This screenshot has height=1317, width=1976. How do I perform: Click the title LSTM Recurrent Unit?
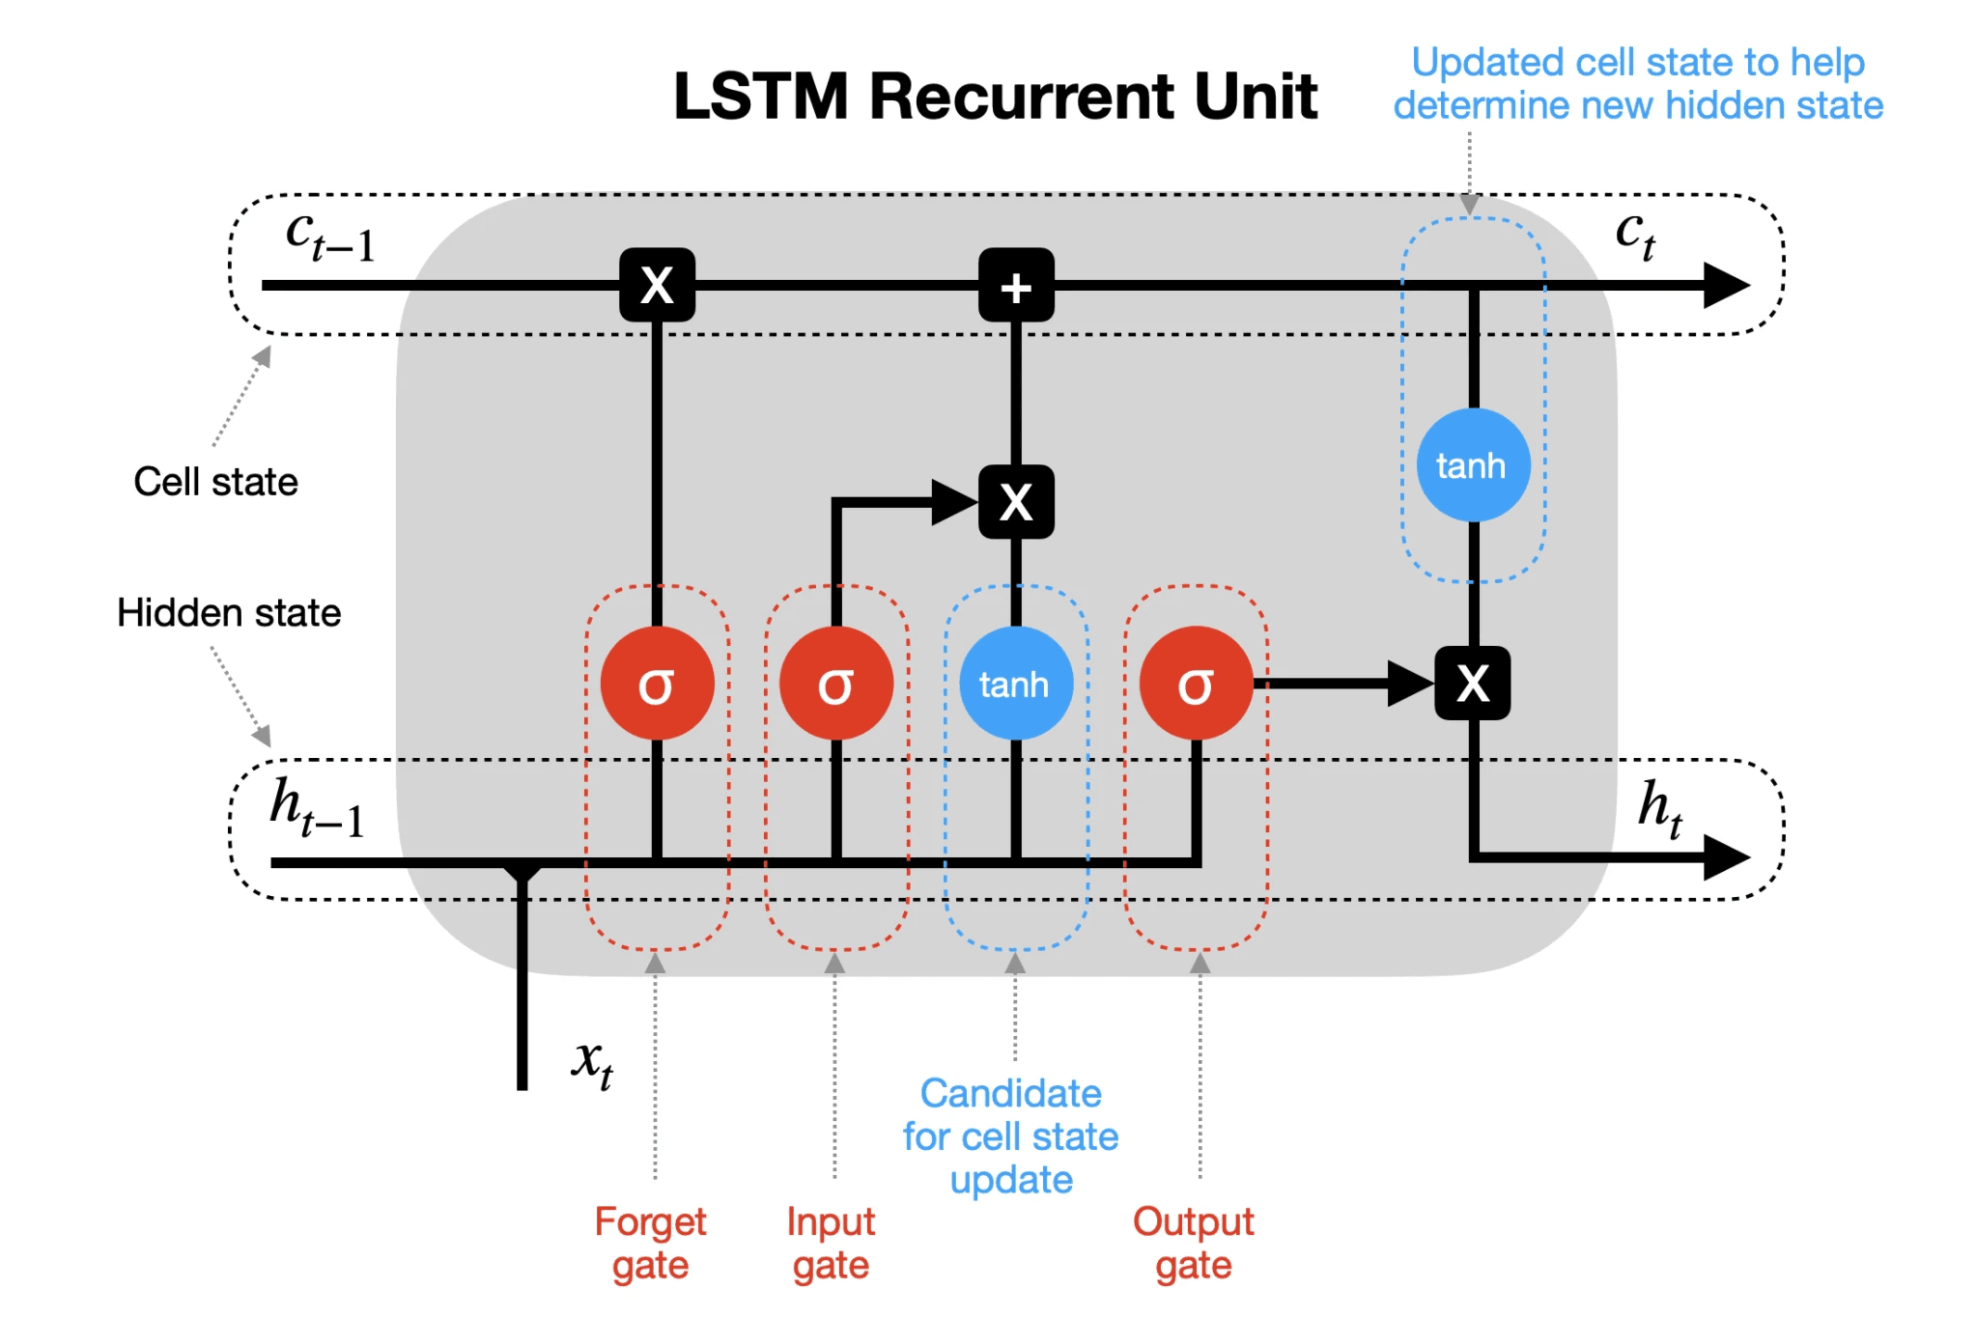pos(995,97)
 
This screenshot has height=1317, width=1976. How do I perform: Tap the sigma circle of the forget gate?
pos(657,684)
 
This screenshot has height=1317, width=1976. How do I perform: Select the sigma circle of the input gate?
pos(836,684)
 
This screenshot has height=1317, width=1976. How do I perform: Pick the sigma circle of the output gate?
pos(1196,684)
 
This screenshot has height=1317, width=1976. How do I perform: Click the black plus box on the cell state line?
pos(1016,286)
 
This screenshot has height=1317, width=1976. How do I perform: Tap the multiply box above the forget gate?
pos(657,286)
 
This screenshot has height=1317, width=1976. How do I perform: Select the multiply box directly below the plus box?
pos(1016,502)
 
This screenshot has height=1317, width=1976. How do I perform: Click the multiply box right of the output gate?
pos(1473,684)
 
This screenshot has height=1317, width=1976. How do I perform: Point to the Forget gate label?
pos(650,1243)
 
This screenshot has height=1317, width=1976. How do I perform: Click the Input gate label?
pos(831,1243)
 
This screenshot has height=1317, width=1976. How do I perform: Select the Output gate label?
pos(1194,1243)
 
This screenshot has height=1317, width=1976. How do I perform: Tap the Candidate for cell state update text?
pos(1011,1136)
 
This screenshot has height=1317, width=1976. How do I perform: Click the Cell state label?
pos(215,481)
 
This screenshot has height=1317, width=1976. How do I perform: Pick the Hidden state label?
pos(229,613)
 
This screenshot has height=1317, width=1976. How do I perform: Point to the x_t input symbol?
pos(592,1063)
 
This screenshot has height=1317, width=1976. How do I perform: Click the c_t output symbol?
pos(1635,235)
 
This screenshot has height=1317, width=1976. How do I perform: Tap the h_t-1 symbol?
pos(317,808)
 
